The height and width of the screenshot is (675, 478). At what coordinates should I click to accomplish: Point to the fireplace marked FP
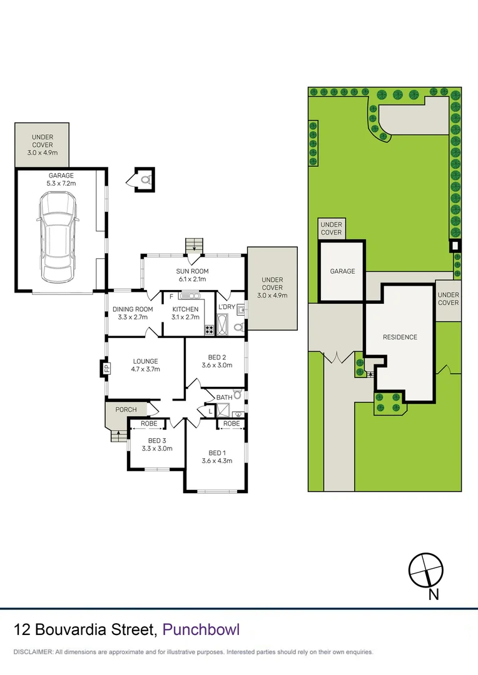point(106,367)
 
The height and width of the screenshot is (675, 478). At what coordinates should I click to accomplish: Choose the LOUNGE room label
point(145,361)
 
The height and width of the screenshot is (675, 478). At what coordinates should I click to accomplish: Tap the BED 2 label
point(216,357)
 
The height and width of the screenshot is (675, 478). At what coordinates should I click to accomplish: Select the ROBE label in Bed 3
point(148,423)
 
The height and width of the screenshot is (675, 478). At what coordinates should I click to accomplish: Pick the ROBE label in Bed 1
point(231,423)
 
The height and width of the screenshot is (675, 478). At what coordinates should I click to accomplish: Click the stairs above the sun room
point(193,246)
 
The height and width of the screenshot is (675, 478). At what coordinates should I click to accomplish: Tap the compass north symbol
point(426,570)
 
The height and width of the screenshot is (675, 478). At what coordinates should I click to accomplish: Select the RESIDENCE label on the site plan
point(400,337)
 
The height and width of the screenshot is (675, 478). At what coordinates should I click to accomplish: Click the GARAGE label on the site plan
point(342,271)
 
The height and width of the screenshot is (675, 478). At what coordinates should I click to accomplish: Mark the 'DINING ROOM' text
point(133,309)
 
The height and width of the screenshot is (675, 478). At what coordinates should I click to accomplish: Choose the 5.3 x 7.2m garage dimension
point(61,184)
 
